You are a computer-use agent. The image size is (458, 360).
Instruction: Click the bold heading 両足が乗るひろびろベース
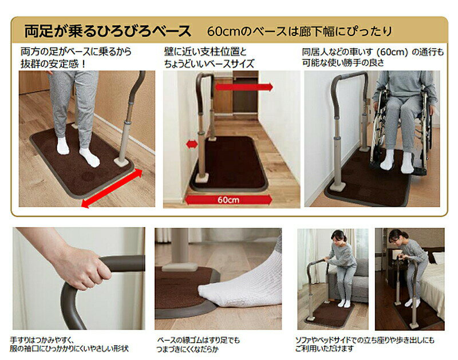108,31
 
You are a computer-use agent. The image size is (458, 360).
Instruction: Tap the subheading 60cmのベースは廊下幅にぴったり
299,31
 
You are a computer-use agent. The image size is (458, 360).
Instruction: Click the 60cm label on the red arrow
228,200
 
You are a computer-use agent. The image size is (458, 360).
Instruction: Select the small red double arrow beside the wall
192,144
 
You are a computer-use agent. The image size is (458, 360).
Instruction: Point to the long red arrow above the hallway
244,87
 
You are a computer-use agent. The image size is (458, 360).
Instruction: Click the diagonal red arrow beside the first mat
112,188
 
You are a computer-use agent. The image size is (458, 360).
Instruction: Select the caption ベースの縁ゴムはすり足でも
198,340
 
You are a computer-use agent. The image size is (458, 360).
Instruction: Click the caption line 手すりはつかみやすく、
42,340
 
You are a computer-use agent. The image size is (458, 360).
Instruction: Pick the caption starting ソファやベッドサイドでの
365,340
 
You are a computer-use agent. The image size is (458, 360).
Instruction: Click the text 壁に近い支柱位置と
206,52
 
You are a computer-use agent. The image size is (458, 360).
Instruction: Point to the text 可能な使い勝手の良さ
343,63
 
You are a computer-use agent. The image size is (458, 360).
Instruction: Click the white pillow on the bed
438,258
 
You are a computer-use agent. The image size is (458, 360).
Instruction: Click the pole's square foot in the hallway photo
202,178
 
